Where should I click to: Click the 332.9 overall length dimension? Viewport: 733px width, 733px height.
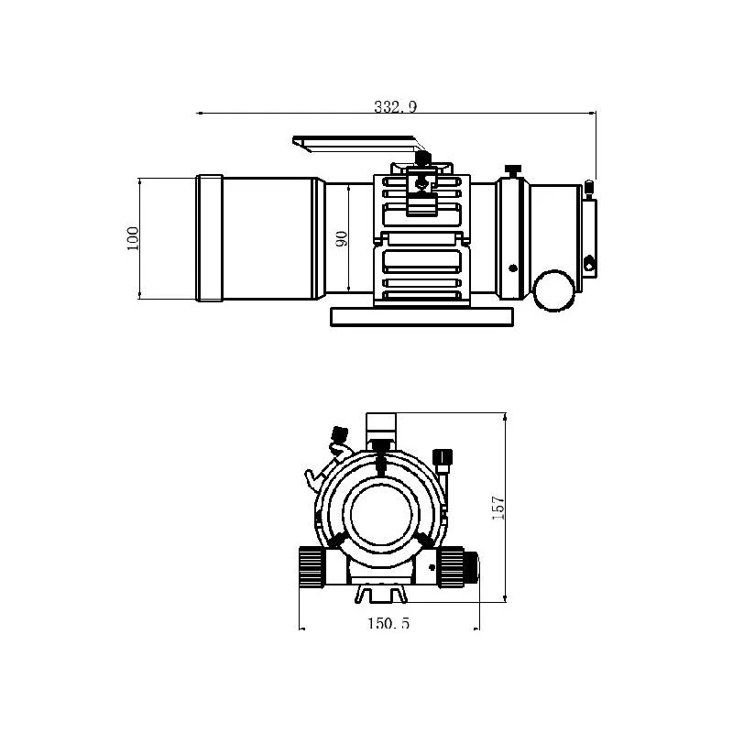pos(395,106)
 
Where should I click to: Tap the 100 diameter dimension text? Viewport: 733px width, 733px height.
pos(132,238)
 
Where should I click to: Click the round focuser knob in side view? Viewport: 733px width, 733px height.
pos(555,290)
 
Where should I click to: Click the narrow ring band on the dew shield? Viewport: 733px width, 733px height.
pos(209,237)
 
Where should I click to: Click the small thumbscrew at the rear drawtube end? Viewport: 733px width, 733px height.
pos(589,189)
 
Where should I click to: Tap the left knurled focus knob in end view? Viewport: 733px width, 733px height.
pos(312,564)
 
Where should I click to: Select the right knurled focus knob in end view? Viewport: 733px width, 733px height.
pos(457,565)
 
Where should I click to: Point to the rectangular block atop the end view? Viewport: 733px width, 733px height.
pos(381,425)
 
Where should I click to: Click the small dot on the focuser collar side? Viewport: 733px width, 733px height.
pos(511,268)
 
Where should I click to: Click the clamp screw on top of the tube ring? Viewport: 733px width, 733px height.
pos(422,161)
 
